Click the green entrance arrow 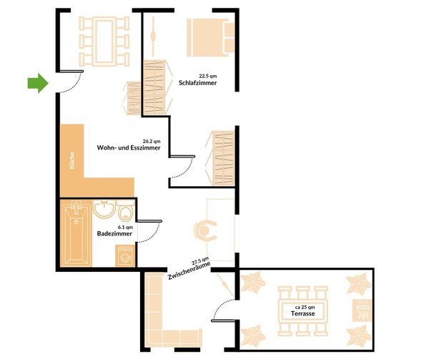[x=38, y=83]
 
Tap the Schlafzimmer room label [x=197, y=83]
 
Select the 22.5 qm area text [x=207, y=76]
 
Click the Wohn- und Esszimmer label [x=129, y=148]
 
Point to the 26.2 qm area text [x=152, y=141]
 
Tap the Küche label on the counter [x=71, y=160]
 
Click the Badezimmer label [x=114, y=233]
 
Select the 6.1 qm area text [x=125, y=227]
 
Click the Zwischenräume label [x=189, y=271]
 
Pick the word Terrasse [x=302, y=313]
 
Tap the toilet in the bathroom [x=126, y=210]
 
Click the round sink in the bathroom [x=104, y=209]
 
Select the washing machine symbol [x=125, y=256]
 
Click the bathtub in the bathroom [x=76, y=233]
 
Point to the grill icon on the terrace [x=362, y=310]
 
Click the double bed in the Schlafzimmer [x=211, y=37]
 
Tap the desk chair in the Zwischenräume [x=205, y=230]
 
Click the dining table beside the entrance [x=104, y=42]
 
